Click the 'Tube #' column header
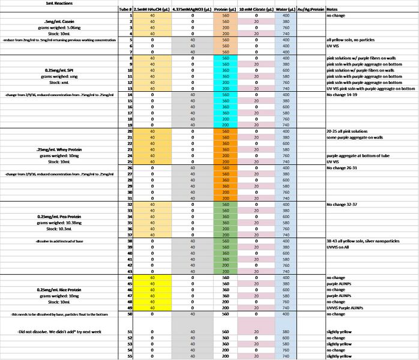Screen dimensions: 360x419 click(x=124, y=10)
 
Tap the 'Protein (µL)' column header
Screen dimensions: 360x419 click(x=225, y=10)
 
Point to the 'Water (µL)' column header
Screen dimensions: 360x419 click(x=285, y=10)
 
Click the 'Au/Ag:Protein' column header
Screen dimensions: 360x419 click(x=310, y=10)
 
